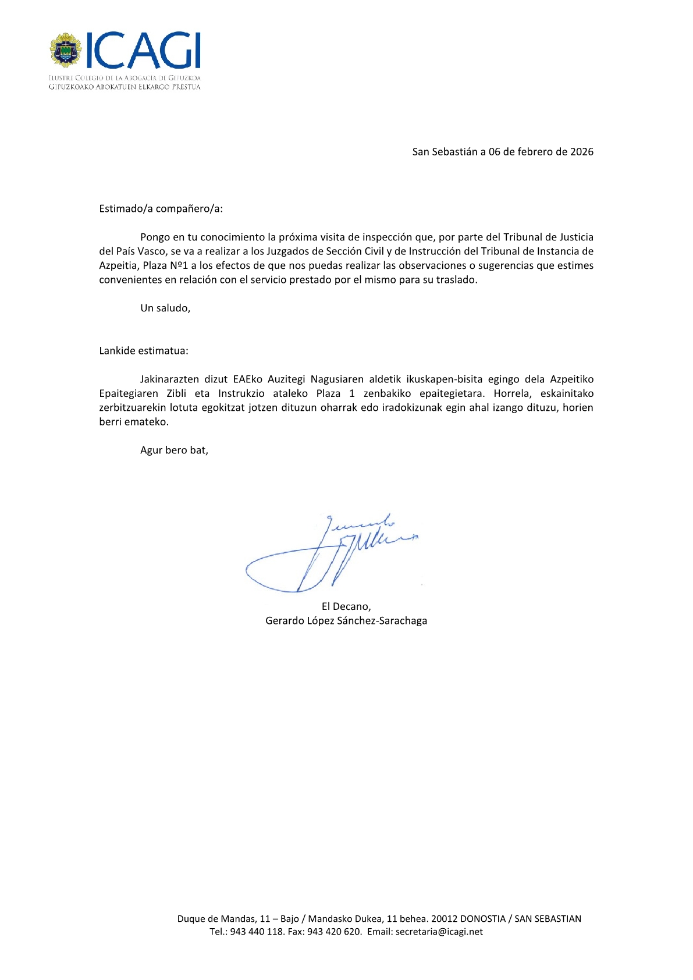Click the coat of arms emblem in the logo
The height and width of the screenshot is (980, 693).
pyautogui.click(x=65, y=51)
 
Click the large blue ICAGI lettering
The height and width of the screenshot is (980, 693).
pyautogui.click(x=143, y=51)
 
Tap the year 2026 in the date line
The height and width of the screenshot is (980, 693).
pyautogui.click(x=581, y=152)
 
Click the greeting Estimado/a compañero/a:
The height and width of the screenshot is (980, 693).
pyautogui.click(x=161, y=208)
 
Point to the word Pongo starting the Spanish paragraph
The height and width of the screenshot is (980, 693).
pyautogui.click(x=154, y=237)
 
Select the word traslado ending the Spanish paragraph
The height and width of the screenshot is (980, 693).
pyautogui.click(x=456, y=279)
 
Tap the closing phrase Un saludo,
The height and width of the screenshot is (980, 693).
pyautogui.click(x=165, y=308)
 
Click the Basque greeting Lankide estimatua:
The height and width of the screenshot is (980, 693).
pyautogui.click(x=144, y=351)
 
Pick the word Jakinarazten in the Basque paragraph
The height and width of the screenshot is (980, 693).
pyautogui.click(x=169, y=379)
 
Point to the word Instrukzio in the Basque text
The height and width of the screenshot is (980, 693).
pyautogui.click(x=241, y=393)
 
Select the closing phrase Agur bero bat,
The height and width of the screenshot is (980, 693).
pyautogui.click(x=174, y=450)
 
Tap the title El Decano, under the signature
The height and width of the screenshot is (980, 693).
pyautogui.click(x=346, y=606)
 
